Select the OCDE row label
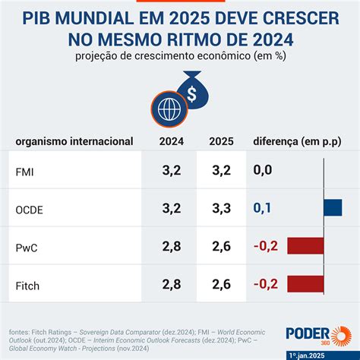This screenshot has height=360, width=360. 28,208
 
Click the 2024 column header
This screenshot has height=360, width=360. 171,141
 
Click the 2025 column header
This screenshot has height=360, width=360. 221,141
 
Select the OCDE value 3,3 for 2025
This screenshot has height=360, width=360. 221,207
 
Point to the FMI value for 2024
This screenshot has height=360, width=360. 171,171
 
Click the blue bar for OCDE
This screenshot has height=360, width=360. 333,207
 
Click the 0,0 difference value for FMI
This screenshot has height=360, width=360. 263,171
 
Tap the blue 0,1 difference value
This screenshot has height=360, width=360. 263,207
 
